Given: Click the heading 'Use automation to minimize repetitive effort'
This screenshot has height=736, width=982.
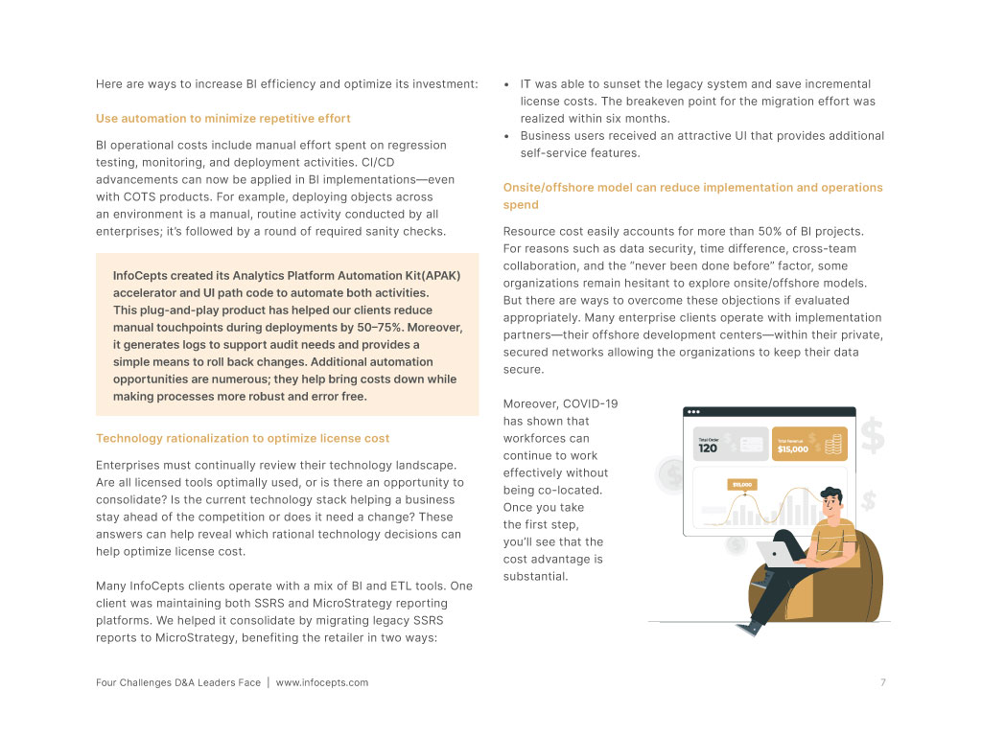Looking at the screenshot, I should [223, 119].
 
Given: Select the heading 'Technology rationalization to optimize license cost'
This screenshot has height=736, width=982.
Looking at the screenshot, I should [243, 438].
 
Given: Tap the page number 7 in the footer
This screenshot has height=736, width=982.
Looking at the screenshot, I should [882, 682].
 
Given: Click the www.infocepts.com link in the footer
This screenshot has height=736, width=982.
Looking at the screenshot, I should [322, 682].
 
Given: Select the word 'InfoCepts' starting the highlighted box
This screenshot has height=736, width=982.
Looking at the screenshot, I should [144, 276].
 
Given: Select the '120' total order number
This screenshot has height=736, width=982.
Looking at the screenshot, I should [708, 448].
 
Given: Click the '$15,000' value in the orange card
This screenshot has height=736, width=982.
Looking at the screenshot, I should [793, 448].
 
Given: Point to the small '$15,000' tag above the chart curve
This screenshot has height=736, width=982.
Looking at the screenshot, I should [741, 484].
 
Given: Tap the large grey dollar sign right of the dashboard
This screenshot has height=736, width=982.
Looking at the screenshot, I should [873, 436].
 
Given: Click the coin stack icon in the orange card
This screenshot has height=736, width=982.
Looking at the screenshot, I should [834, 444].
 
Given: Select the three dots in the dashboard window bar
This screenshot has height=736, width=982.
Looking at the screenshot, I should [694, 412].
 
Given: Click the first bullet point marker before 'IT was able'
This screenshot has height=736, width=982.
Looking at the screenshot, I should [507, 84].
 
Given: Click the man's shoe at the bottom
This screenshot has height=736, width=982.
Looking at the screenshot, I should [751, 627].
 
